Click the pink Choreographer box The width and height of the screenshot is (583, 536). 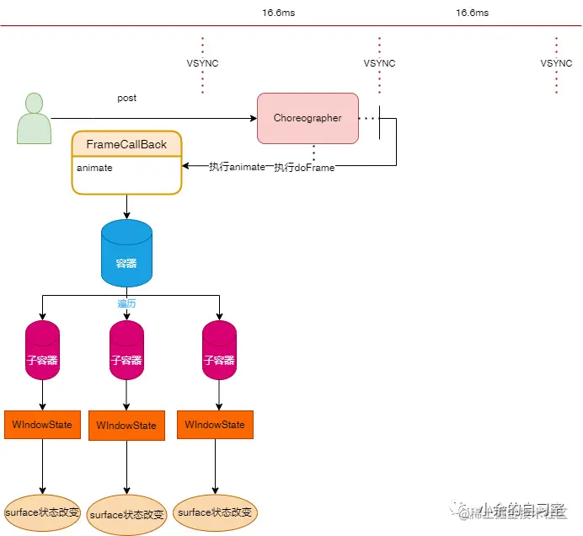pyautogui.click(x=308, y=118)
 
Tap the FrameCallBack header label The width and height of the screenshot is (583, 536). pyautogui.click(x=126, y=144)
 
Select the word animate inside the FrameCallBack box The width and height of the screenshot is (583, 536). pyautogui.click(x=94, y=168)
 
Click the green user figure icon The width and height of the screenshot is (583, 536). pyautogui.click(x=34, y=118)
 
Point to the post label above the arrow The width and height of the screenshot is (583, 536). pyautogui.click(x=126, y=99)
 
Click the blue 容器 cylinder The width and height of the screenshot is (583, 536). pyautogui.click(x=126, y=253)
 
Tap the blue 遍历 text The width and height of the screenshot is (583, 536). pyautogui.click(x=126, y=303)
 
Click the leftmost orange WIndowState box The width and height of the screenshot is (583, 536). pyautogui.click(x=42, y=424)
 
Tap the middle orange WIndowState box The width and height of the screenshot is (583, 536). pyautogui.click(x=126, y=426)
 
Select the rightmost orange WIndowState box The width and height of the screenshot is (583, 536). pyautogui.click(x=216, y=424)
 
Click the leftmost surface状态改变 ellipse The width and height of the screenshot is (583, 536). pyautogui.click(x=42, y=512)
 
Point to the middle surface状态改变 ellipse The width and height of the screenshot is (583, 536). pyautogui.click(x=127, y=515)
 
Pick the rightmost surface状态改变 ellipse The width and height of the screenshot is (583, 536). pyautogui.click(x=216, y=512)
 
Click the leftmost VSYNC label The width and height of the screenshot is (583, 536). pyautogui.click(x=202, y=63)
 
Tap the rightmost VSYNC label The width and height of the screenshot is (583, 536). pyautogui.click(x=556, y=63)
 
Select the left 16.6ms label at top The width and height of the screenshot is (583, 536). pyautogui.click(x=279, y=13)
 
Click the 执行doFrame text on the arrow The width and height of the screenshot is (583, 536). pyautogui.click(x=304, y=168)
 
